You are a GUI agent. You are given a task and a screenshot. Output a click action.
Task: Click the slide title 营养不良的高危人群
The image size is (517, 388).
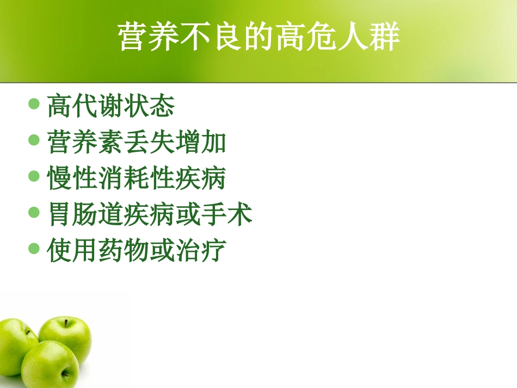point(259,37)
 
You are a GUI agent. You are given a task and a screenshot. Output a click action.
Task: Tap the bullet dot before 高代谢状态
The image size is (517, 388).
point(34,103)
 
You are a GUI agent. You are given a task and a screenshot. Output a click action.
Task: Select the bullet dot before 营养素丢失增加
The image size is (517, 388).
point(34,140)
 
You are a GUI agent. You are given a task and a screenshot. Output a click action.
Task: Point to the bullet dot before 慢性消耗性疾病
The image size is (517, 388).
point(34,176)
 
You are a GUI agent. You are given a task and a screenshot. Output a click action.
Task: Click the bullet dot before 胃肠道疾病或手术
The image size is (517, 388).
point(34,213)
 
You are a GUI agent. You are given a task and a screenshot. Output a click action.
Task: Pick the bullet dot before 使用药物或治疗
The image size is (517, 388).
point(34,249)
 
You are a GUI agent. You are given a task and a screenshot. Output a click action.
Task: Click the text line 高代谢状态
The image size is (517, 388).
point(110,105)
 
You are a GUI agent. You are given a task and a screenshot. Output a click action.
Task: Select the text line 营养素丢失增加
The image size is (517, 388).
point(136,142)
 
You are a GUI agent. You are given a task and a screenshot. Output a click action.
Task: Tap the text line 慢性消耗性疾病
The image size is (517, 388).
point(136,178)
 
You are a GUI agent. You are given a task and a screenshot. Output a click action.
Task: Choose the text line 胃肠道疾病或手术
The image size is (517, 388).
point(149,215)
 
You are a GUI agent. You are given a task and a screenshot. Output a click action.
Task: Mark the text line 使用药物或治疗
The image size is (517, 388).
point(136,251)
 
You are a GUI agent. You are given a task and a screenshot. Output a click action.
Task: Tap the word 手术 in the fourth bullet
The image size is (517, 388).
point(226,215)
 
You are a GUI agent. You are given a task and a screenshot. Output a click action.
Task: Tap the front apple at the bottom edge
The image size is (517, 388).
point(50,365)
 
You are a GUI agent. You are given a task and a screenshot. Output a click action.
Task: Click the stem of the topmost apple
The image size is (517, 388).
point(66,322)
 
